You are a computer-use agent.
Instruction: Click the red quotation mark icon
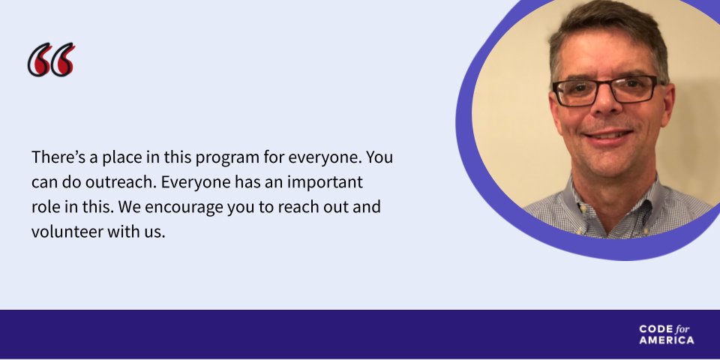tap(51, 60)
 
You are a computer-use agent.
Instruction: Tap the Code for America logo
tap(667, 334)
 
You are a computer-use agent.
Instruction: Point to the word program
tap(226, 160)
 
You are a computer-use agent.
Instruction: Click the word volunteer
tap(67, 232)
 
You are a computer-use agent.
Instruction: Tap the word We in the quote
tap(124, 207)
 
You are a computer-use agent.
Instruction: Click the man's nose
tap(604, 111)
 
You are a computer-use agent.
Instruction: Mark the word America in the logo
tap(667, 340)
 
